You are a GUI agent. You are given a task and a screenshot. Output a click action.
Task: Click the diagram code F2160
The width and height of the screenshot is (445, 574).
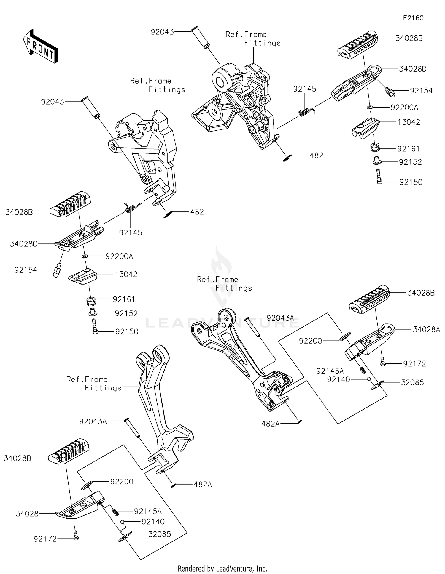point(413,18)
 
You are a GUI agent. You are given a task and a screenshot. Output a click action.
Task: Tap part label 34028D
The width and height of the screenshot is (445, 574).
point(413,69)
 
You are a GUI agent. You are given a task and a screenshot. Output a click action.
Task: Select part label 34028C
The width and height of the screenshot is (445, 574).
point(24,244)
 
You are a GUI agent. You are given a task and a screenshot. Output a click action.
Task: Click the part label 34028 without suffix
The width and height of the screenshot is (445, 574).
point(27,514)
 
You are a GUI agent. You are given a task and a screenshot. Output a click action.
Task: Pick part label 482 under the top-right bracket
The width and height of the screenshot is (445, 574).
point(316,155)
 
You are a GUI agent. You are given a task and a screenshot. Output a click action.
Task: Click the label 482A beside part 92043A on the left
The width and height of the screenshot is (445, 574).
point(203,485)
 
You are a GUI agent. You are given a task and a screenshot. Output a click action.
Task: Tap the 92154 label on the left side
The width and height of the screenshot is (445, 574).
point(26,270)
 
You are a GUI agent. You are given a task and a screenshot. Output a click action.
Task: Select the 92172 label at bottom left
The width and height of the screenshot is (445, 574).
point(45,539)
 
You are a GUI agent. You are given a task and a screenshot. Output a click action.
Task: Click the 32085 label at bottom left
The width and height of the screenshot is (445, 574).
point(160,534)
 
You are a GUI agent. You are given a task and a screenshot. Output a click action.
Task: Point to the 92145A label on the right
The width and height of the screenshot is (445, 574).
point(330,371)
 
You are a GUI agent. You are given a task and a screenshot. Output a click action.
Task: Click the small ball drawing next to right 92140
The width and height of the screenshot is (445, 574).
point(368,379)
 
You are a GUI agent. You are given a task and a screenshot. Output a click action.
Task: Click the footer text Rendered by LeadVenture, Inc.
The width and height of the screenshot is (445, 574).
point(222,569)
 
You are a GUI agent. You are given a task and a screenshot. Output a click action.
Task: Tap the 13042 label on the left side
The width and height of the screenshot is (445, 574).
point(126,274)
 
